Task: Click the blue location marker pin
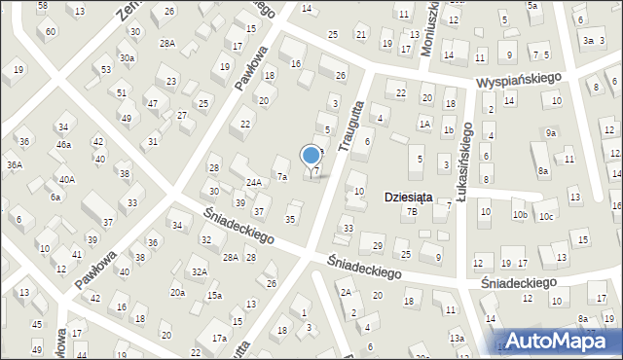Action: [311, 156]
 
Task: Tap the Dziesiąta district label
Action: [409, 196]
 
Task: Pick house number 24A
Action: [253, 182]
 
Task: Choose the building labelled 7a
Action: [281, 177]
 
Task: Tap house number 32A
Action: [199, 271]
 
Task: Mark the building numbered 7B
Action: [412, 211]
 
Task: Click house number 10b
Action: [520, 215]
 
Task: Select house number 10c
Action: [546, 216]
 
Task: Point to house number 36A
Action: [15, 165]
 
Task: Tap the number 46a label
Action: [63, 145]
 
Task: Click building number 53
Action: [105, 70]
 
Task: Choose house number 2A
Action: [346, 292]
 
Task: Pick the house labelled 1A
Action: [423, 124]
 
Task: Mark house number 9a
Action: [551, 132]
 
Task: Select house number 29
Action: [378, 244]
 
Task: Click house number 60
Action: [50, 31]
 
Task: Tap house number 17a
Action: [220, 339]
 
